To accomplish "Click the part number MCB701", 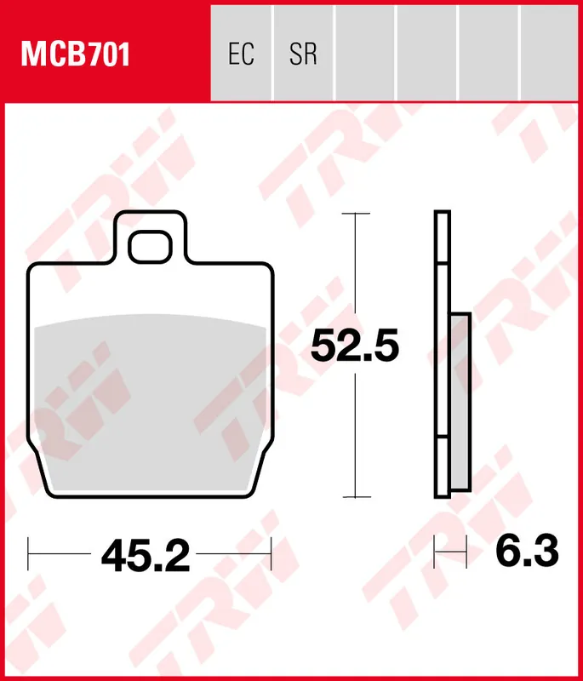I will (76, 55).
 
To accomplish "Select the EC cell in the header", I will (242, 55).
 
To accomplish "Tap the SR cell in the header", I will (303, 55).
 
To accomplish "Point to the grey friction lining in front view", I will (150, 400).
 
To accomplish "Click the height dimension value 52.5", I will (354, 346).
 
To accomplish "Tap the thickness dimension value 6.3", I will (527, 552).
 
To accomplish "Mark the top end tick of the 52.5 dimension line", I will (355, 213).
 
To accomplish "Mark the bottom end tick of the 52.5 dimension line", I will (355, 496).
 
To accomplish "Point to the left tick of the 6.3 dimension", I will (435, 552).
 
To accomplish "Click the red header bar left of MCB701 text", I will (10, 55).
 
